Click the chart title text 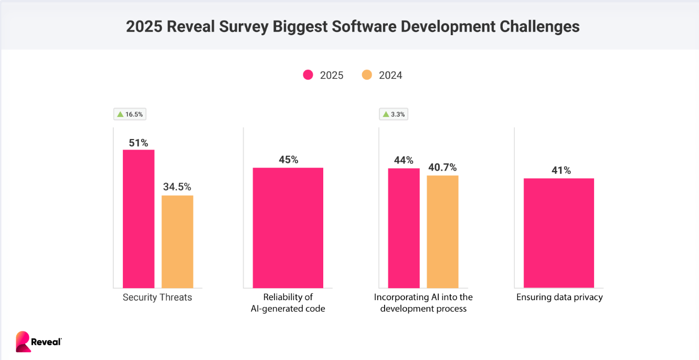[x=353, y=26]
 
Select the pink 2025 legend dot [x=308, y=75]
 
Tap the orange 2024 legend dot [x=367, y=75]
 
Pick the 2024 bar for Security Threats [x=177, y=241]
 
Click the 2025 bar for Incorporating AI [x=404, y=228]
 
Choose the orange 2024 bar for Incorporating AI [x=442, y=231]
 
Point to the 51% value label [x=139, y=142]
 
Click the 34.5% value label [x=177, y=187]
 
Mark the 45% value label [x=288, y=160]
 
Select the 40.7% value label [x=442, y=167]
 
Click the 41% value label [x=559, y=171]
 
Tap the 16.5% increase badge [x=130, y=114]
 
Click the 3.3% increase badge [x=393, y=114]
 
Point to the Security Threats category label [x=157, y=298]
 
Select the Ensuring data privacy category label [x=559, y=298]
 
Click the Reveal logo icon [x=23, y=341]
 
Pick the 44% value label [x=404, y=160]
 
